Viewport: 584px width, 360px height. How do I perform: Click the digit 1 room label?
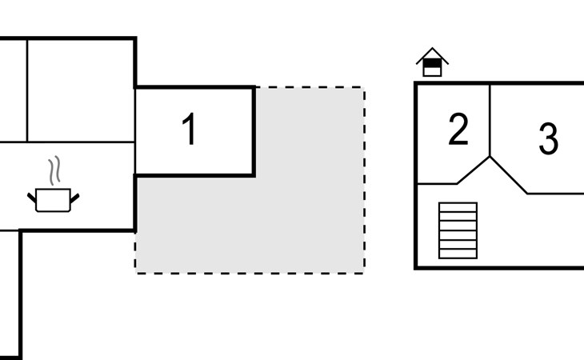coord(189,130)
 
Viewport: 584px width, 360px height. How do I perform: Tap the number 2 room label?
coord(458,130)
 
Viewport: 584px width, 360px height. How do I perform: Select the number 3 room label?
coord(548,138)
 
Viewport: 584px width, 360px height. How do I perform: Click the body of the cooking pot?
coord(54,200)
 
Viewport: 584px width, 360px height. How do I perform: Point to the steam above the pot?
coord(54,170)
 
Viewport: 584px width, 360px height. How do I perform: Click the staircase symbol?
coord(458,230)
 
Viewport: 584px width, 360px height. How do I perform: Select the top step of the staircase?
coord(458,207)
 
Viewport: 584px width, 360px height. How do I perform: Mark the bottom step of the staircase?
coord(458,254)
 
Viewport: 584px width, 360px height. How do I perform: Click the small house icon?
coord(432,62)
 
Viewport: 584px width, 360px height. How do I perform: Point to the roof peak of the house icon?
coord(432,49)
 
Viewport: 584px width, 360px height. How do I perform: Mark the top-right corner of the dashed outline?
coord(365,88)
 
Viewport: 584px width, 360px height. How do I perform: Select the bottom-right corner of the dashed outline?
coord(365,273)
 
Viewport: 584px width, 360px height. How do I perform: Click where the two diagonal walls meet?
coord(490,157)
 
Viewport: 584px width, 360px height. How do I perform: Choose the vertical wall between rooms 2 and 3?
coord(490,120)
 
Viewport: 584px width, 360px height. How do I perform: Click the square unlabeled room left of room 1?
coord(80,90)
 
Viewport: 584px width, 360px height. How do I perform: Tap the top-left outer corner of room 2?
coord(416,83)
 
